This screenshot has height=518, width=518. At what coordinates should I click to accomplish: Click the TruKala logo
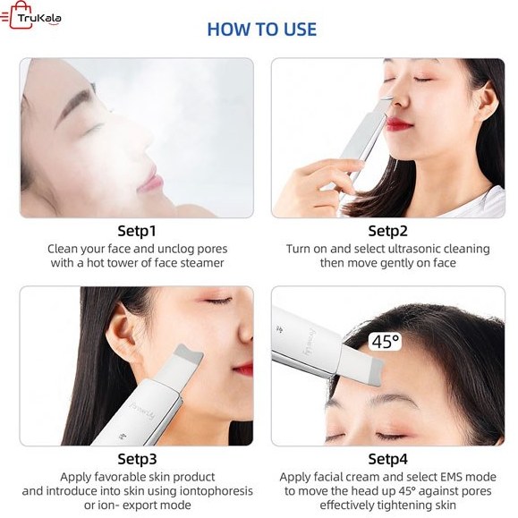tap(31, 15)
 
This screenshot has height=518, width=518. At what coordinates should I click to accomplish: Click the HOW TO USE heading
tap(261, 29)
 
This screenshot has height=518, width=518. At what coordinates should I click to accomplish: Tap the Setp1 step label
tap(137, 231)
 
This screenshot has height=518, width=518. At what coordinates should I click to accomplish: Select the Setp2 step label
tap(388, 231)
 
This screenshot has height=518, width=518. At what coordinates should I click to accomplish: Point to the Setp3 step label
tap(137, 459)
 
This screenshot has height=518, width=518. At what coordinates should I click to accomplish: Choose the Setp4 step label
tap(388, 459)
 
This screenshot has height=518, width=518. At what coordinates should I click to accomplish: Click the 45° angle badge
tap(385, 342)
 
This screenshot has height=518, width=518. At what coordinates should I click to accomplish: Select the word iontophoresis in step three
tap(216, 491)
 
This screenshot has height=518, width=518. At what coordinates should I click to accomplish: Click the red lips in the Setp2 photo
tap(398, 124)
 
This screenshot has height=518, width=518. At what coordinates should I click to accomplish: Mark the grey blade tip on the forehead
tap(376, 371)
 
